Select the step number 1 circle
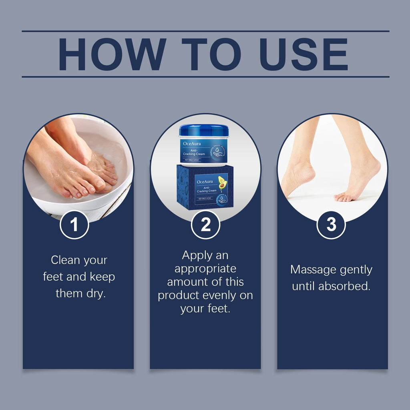click(74, 225)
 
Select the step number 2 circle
click(205, 225)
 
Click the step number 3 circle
click(331, 225)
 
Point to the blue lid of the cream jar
click(204, 131)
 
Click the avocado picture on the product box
click(222, 183)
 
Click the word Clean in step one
click(65, 260)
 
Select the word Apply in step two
click(197, 255)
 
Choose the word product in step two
click(177, 295)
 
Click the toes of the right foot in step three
click(342, 197)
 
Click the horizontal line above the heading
click(205, 31)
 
